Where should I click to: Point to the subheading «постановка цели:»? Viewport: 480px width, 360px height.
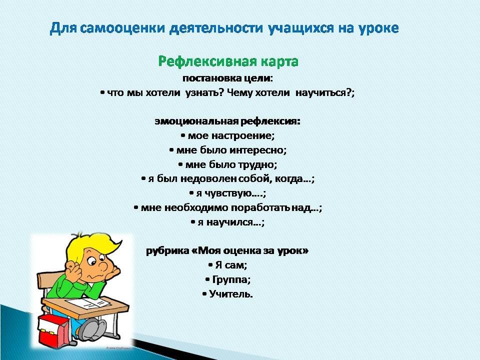(227, 78)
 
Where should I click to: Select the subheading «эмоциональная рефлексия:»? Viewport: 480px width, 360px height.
(228, 121)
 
